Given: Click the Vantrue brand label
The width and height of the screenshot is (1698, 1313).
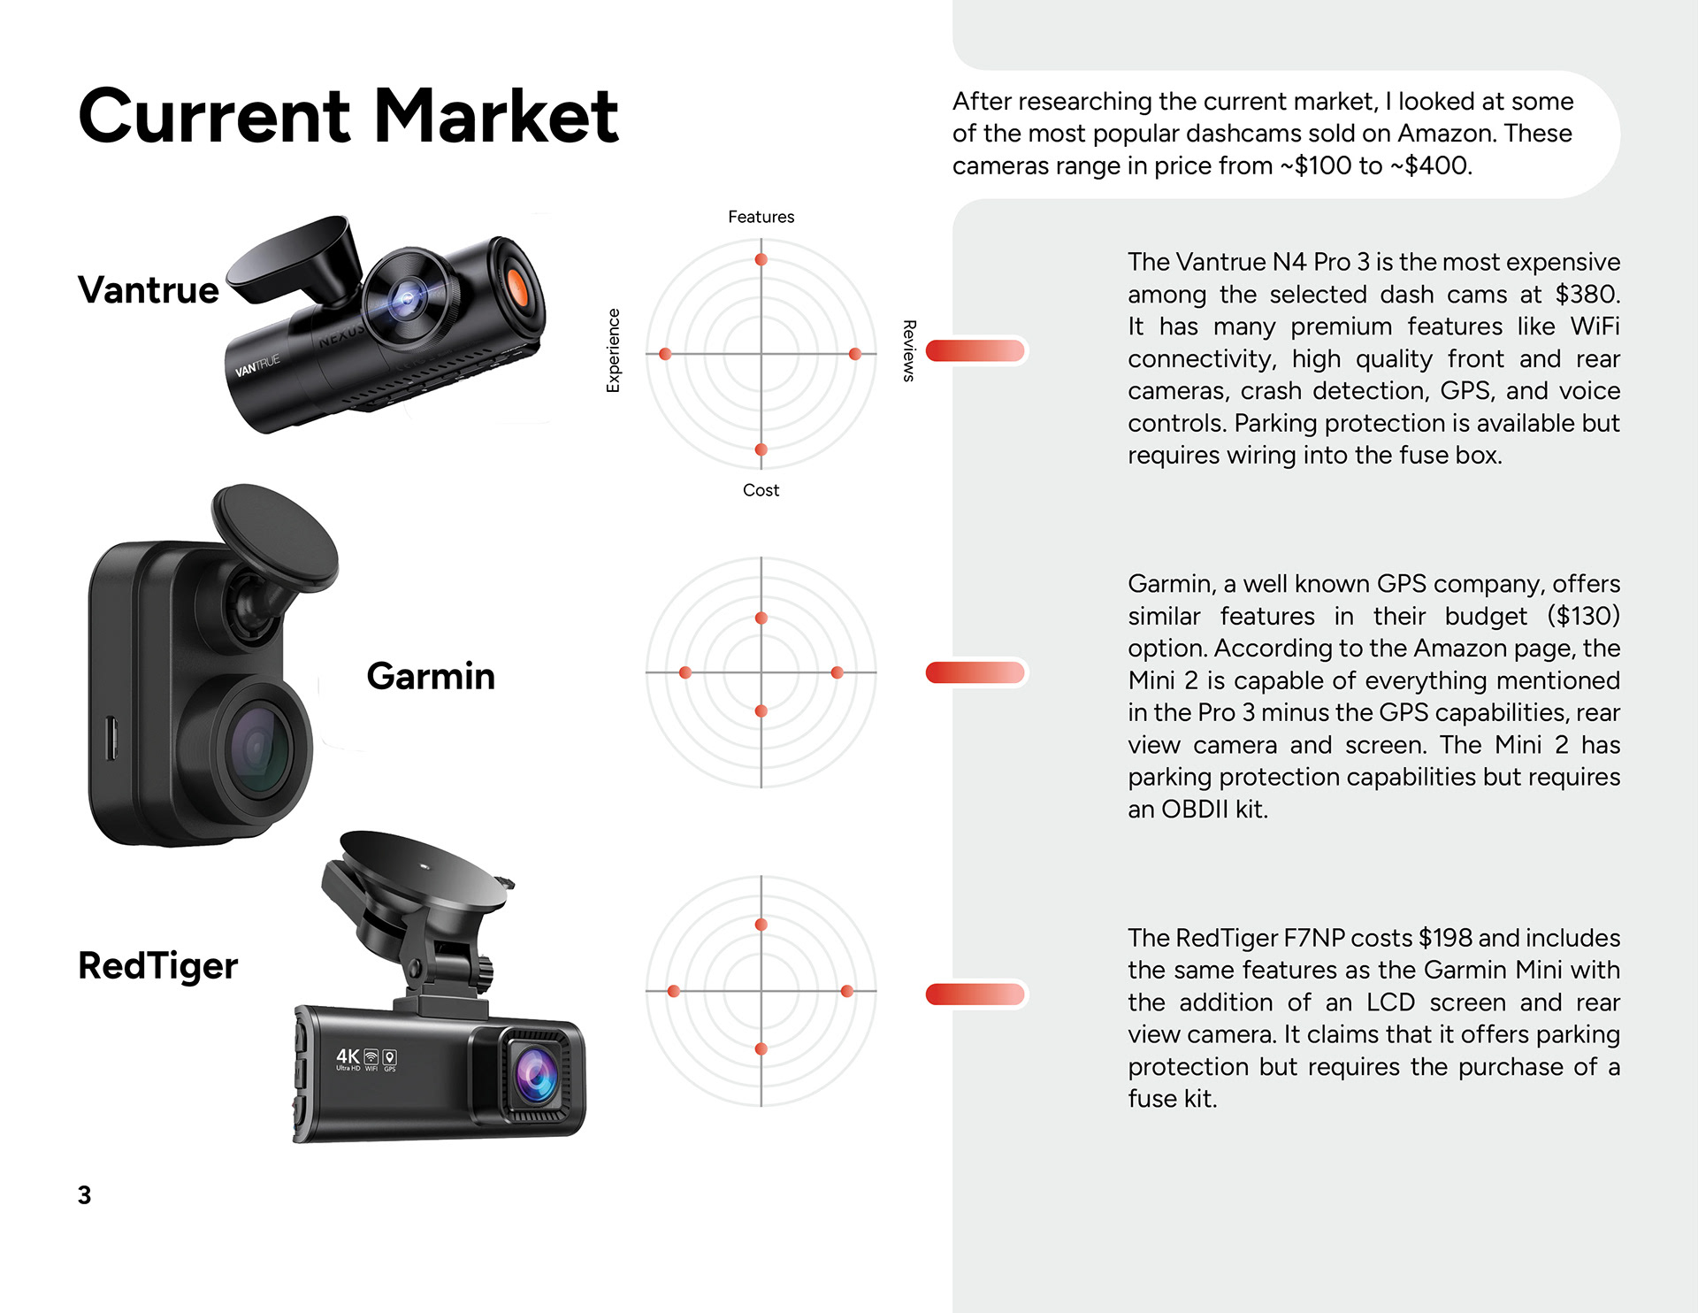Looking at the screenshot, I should [149, 290].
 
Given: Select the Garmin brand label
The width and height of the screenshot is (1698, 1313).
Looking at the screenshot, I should [431, 676].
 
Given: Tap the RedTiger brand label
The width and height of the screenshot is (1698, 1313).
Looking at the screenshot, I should [157, 965].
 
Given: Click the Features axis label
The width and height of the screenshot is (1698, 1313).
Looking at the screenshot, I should [761, 217].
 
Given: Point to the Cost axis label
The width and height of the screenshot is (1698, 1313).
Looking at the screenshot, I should [761, 490].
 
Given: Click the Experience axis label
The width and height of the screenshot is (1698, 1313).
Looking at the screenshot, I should [613, 350].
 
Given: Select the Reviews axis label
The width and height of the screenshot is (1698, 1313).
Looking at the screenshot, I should [908, 350].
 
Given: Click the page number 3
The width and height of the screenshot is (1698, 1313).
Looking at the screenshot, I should [84, 1195].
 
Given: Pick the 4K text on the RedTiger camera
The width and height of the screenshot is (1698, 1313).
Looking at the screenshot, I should [348, 1056].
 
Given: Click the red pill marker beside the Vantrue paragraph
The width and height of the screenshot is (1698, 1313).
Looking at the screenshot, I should [975, 350].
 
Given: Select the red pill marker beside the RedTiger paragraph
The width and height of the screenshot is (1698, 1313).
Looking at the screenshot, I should [975, 994].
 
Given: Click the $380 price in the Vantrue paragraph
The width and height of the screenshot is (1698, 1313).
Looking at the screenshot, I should [1587, 294].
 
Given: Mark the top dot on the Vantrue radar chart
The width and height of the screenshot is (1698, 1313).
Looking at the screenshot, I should [761, 259].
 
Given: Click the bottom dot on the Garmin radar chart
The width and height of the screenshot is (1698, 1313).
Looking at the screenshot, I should [761, 710].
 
